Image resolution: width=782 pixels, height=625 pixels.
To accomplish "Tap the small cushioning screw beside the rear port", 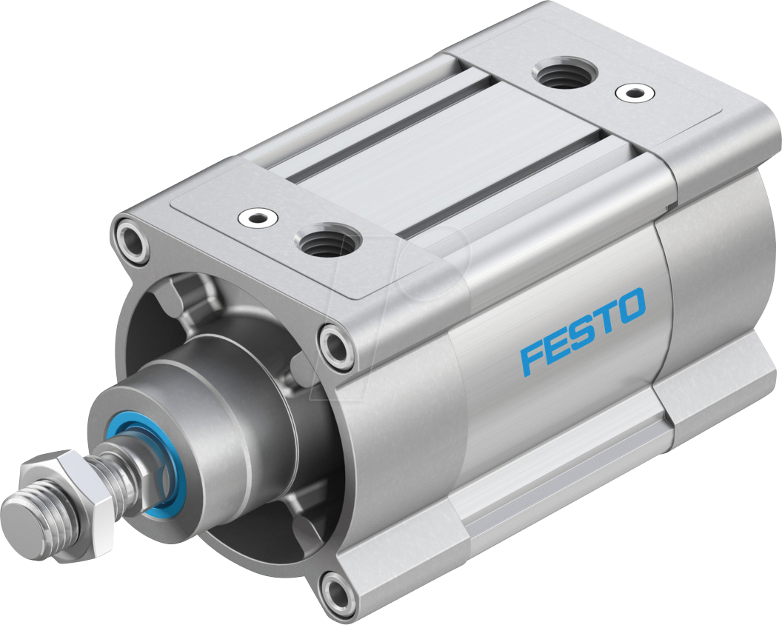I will (635, 93).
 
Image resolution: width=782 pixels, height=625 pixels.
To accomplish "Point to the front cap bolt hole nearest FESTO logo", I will (337, 344).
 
